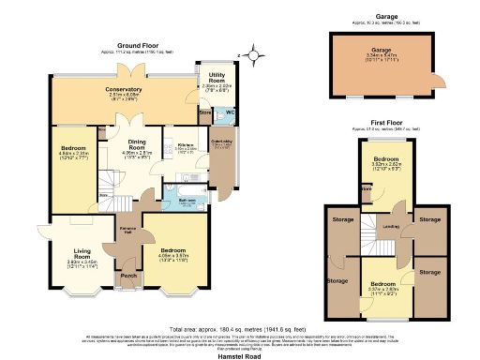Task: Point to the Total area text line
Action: (239, 329)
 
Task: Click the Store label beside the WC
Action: (205, 116)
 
